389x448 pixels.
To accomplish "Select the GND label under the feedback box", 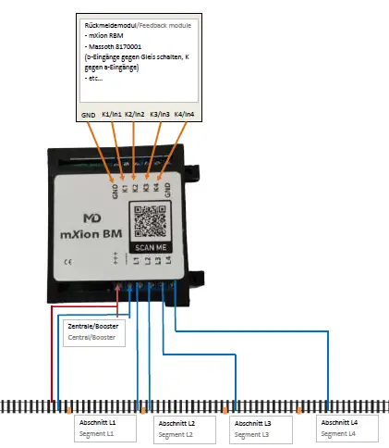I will coord(89,115).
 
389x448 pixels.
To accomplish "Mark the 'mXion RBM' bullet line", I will coord(104,32).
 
